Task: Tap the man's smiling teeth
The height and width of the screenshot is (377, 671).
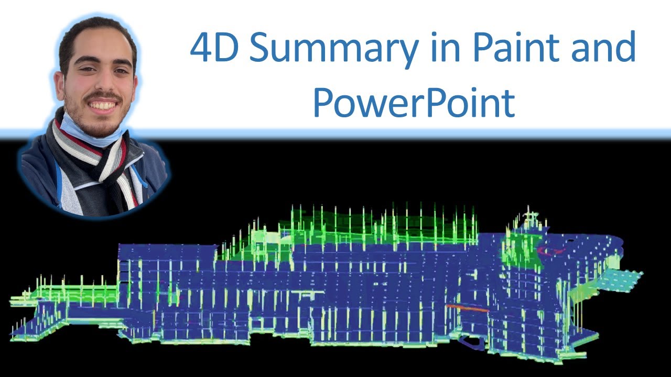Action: tap(103, 105)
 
